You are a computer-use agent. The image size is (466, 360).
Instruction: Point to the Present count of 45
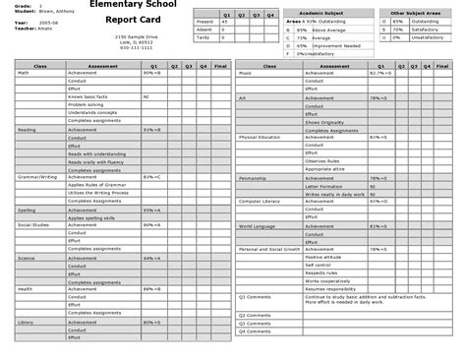point(226,21)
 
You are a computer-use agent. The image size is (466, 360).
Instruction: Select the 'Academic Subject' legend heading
point(318,14)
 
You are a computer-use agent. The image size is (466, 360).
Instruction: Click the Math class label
point(23,73)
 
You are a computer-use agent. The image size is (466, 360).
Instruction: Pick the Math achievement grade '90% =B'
point(150,73)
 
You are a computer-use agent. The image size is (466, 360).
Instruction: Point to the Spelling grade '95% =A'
point(150,210)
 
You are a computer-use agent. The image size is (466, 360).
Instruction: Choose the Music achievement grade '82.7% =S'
point(379,73)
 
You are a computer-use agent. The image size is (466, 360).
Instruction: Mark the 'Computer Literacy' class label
point(259,202)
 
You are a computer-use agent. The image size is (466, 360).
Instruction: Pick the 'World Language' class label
point(256,225)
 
